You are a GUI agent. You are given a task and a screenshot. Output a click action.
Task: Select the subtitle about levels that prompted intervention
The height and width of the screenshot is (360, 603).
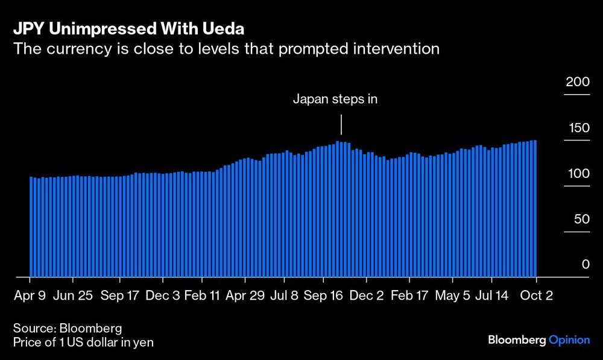227,49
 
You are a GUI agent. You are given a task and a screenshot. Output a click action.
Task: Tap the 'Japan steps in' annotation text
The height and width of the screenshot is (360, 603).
335,99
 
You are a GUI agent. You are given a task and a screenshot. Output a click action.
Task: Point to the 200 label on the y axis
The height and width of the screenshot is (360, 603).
577,82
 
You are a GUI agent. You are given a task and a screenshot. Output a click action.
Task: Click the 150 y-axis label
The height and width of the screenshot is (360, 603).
577,128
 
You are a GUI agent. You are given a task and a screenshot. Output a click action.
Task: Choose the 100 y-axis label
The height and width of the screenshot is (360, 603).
577,174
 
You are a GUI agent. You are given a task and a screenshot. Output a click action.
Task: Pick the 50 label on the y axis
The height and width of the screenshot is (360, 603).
580,219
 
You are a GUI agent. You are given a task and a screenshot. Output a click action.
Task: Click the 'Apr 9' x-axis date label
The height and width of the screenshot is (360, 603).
30,296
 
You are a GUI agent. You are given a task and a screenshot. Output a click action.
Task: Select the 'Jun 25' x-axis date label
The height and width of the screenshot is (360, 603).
72,296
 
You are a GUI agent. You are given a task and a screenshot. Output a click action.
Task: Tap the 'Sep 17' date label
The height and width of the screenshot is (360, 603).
119,296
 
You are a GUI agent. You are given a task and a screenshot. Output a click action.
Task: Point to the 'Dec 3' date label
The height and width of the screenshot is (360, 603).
163,296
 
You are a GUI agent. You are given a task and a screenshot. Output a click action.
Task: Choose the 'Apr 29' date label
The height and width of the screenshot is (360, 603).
245,296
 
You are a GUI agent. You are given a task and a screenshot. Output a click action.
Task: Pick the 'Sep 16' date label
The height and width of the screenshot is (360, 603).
323,296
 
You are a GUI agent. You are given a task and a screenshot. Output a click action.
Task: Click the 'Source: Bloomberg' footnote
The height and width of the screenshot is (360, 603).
68,329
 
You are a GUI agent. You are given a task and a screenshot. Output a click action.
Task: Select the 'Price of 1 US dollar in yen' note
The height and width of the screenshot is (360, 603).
83,343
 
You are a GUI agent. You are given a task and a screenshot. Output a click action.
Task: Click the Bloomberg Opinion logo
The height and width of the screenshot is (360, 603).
538,340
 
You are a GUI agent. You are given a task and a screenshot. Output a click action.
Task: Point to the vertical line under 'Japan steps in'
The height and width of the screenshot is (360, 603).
341,125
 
